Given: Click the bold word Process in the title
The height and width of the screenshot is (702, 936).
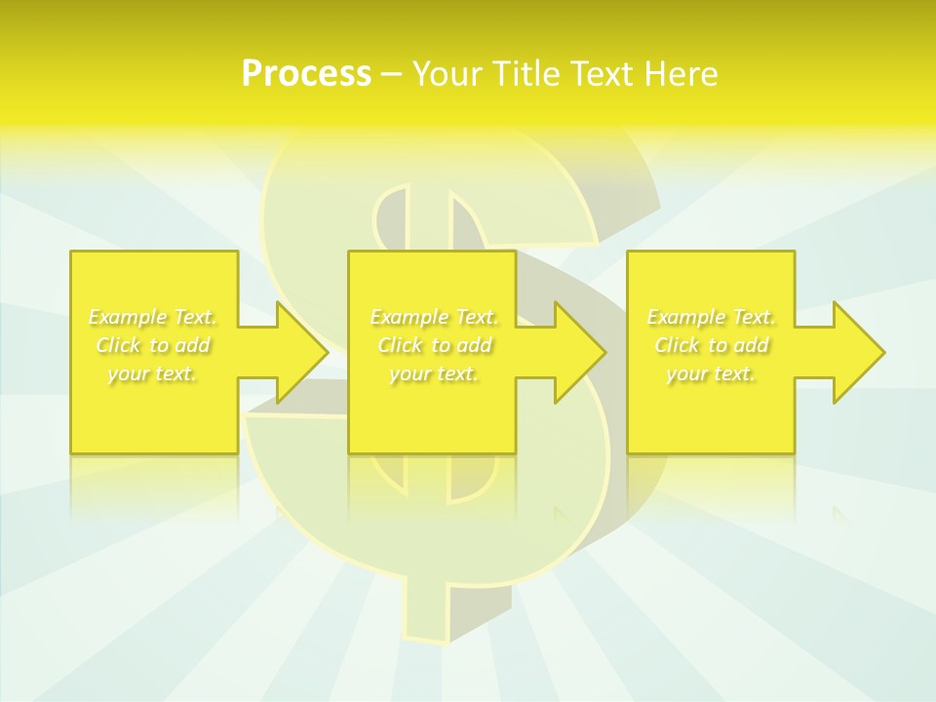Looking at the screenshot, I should click(306, 74).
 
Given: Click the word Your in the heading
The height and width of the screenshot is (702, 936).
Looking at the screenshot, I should click(447, 74).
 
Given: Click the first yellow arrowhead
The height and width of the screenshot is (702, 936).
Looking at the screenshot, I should click(298, 352).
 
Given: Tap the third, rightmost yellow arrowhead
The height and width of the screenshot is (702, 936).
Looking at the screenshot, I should click(856, 352).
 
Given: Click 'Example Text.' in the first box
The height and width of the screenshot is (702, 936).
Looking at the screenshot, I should click(153, 317).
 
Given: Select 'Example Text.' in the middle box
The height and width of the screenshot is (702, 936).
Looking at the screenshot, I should click(434, 317).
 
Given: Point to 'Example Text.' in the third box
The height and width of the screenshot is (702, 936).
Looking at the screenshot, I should click(711, 317).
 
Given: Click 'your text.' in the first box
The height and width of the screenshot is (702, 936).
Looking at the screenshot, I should click(153, 373).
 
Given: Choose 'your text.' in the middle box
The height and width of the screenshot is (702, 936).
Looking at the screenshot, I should click(434, 373).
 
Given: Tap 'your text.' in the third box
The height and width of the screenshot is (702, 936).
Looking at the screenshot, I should click(711, 373).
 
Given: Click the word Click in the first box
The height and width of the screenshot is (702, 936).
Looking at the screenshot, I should click(118, 345).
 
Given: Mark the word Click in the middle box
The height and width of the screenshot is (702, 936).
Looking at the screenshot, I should click(399, 345).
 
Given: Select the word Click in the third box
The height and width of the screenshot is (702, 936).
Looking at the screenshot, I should click(677, 345).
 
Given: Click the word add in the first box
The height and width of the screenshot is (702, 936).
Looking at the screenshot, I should click(193, 345).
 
